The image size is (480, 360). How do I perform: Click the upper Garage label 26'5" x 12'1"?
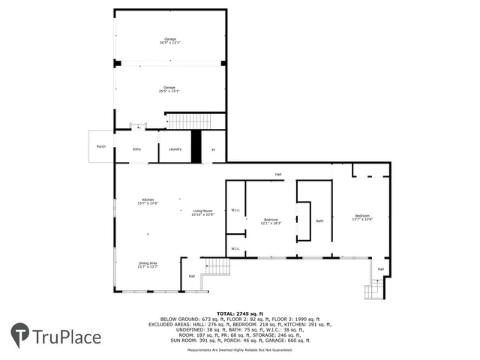coord(169,41)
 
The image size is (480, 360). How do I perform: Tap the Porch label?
coord(101,146)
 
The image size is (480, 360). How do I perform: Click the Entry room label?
coord(136,149)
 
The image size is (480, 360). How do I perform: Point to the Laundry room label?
coord(175,149)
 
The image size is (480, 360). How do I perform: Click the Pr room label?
coord(213,150)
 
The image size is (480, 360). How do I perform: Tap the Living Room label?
coord(202,213)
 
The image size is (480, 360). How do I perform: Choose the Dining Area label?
coord(147,265)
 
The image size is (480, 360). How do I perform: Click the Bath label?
coord(319,220)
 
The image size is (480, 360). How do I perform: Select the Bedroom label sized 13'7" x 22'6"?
coord(362,217)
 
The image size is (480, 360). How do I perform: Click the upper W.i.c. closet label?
coord(235,210)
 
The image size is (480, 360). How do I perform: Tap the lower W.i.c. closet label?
coord(235,249)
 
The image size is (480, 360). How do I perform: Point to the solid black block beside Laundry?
coord(196,146)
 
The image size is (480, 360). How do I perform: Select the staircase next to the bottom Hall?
coord(217,265)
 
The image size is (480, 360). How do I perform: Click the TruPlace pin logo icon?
coord(20,336)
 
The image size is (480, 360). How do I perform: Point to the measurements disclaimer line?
coord(239,349)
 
